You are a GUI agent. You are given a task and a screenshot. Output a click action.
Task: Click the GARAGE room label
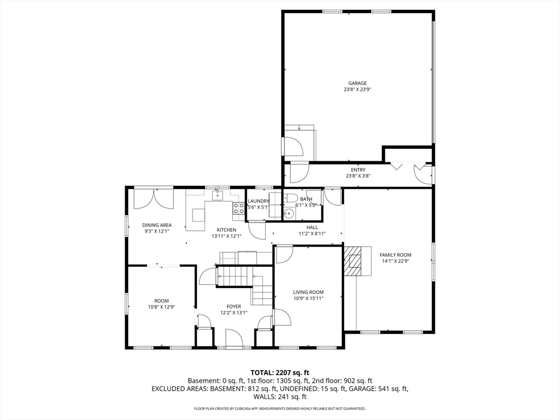pyautogui.click(x=358, y=83)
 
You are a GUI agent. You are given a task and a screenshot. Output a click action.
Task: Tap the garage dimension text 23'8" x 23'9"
pyautogui.click(x=358, y=89)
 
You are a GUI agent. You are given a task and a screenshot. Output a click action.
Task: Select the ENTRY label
pyautogui.click(x=358, y=170)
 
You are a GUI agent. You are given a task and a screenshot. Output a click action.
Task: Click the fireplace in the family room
pyautogui.click(x=353, y=260)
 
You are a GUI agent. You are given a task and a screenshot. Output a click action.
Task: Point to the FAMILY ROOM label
pyautogui.click(x=395, y=255)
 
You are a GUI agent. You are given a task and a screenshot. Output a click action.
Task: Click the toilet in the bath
pyautogui.click(x=291, y=199)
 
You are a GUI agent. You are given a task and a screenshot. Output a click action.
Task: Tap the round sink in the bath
pyautogui.click(x=288, y=214)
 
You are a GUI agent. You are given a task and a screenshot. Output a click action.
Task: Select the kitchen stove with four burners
pyautogui.click(x=238, y=208)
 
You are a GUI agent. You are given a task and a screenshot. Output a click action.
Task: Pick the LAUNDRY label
pyautogui.click(x=258, y=201)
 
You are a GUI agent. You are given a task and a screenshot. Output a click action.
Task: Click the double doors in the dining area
pyautogui.click(x=154, y=198)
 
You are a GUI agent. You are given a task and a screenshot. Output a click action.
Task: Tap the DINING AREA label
pyautogui.click(x=157, y=225)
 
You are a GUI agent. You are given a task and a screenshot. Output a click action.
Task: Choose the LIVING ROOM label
pyautogui.click(x=308, y=292)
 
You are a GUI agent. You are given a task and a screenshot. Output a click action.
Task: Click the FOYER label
pyautogui.click(x=234, y=306)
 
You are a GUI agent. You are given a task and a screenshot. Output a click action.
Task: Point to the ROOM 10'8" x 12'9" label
pyautogui.click(x=161, y=304)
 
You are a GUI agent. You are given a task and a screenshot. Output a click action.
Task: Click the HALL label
pyautogui.click(x=312, y=227)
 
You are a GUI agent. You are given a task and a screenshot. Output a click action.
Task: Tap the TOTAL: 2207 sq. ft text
pyautogui.click(x=279, y=372)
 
